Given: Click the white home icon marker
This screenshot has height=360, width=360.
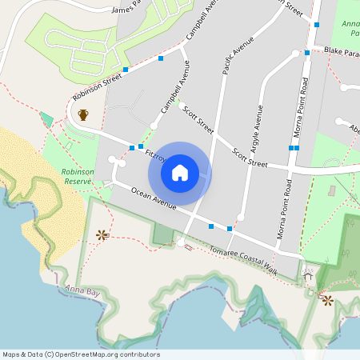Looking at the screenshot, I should click(x=180, y=173).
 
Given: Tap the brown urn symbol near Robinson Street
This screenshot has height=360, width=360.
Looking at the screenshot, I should click(x=83, y=114).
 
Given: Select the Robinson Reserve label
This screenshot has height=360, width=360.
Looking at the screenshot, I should click(x=78, y=177).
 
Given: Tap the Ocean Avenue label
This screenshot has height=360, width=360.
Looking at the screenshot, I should click(x=153, y=199).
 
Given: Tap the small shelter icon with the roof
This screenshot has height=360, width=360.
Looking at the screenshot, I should click(x=308, y=276).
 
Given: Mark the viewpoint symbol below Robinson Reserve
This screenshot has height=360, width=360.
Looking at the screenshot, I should click(x=102, y=234).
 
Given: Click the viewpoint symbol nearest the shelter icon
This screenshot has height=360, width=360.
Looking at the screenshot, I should click(x=326, y=300).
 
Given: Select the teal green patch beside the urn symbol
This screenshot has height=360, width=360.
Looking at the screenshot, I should click(x=46, y=120).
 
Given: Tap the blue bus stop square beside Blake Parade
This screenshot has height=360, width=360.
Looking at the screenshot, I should click(x=306, y=54).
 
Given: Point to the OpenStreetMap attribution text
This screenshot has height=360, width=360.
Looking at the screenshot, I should click(x=81, y=354).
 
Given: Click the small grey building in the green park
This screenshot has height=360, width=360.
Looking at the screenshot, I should click(x=332, y=192).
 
